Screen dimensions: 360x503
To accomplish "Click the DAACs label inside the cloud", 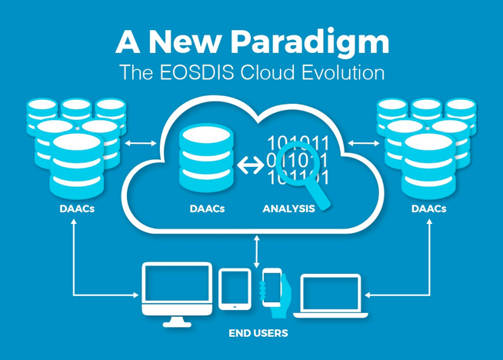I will [x=207, y=208].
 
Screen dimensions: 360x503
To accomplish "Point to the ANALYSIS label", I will [x=289, y=208].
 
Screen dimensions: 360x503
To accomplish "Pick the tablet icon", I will [x=235, y=288].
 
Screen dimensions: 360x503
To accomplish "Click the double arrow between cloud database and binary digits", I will [x=249, y=164].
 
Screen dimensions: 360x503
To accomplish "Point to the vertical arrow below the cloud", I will [x=256, y=252].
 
